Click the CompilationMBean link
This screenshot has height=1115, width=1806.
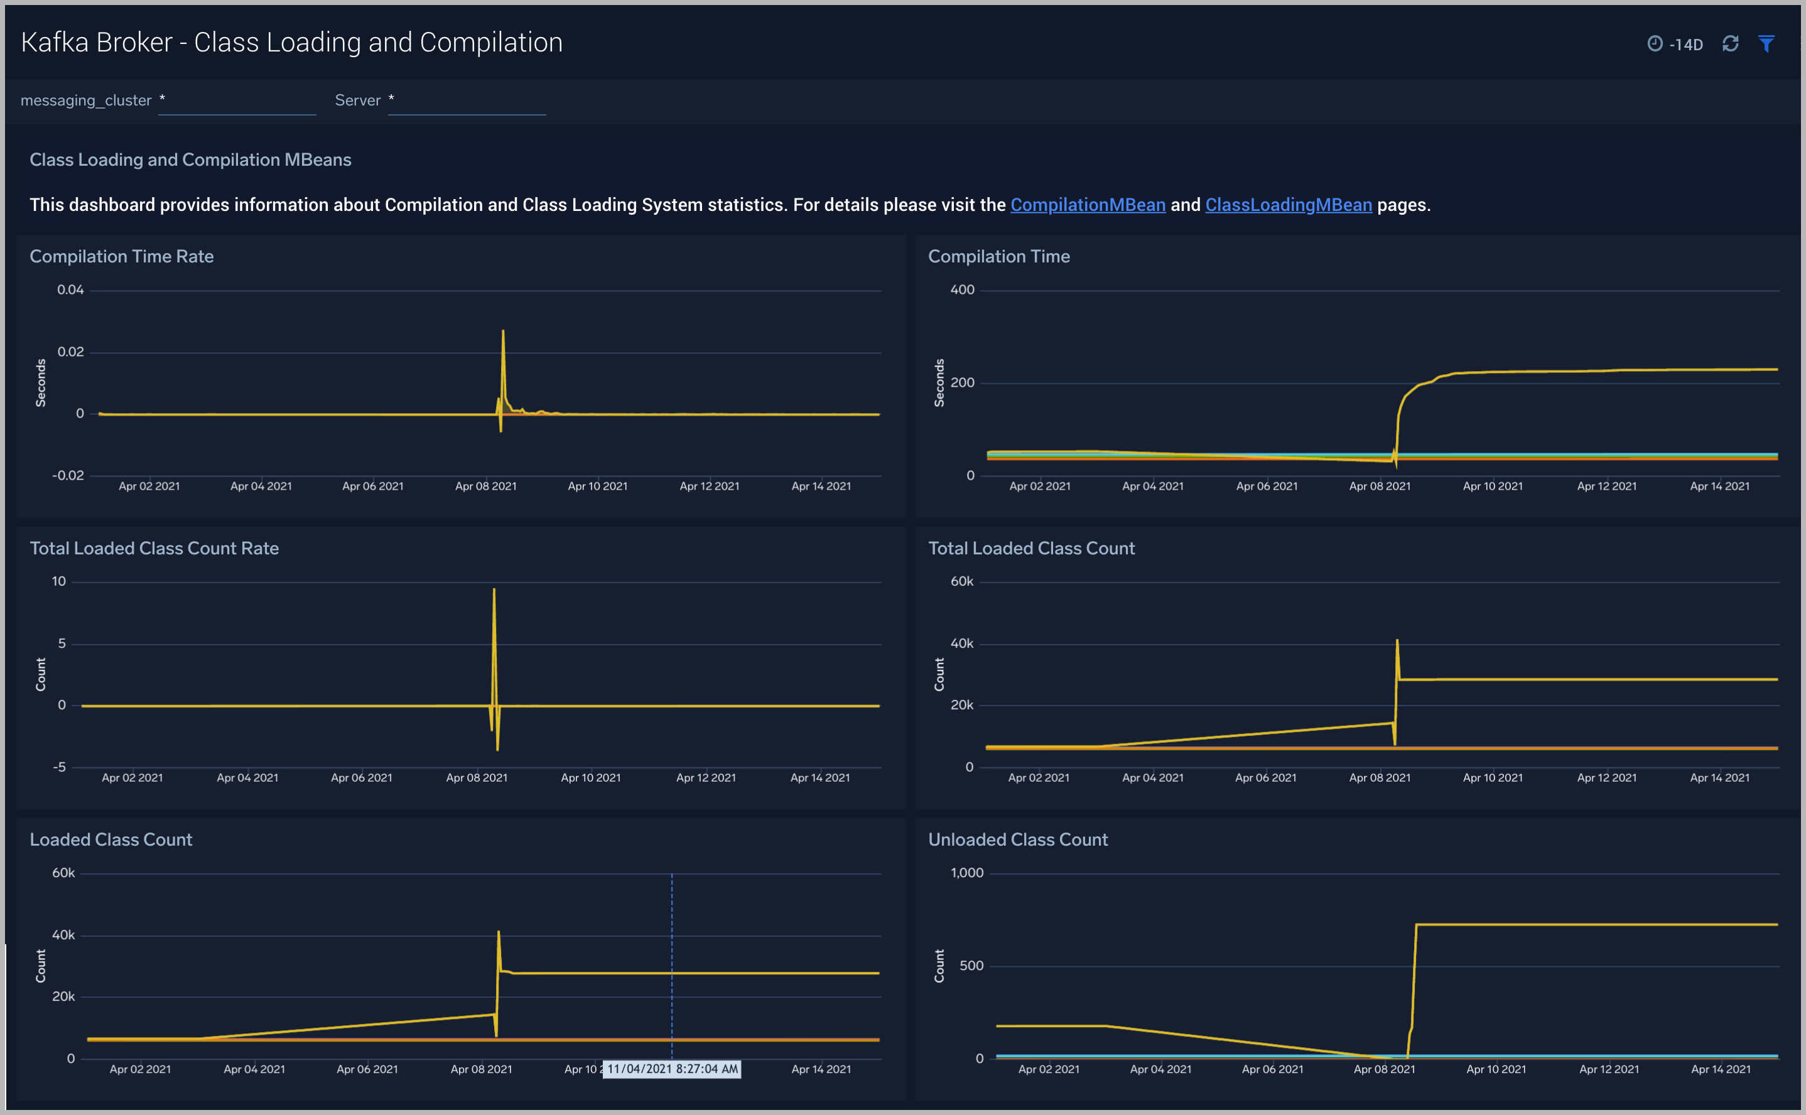[x=1087, y=205]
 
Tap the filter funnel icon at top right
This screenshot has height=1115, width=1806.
[x=1766, y=43]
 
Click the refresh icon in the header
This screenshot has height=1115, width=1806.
[x=1730, y=43]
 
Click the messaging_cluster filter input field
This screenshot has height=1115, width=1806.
[x=237, y=102]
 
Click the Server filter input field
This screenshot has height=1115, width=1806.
[x=467, y=102]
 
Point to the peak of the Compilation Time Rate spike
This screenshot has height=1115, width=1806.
[x=503, y=331]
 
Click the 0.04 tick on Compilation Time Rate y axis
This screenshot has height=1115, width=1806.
[x=71, y=290]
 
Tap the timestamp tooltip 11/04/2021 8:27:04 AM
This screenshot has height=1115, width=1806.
[x=671, y=1069]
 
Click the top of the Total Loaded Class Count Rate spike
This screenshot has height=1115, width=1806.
[x=494, y=590]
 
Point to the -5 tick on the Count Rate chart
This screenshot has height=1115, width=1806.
[x=59, y=767]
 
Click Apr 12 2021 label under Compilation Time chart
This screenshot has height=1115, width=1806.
[x=1606, y=486]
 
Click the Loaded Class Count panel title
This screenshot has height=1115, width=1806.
[x=111, y=839]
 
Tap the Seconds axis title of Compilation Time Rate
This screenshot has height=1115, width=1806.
[x=41, y=383]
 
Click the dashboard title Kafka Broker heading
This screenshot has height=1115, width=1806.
[x=291, y=43]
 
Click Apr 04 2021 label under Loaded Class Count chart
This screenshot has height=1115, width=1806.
[x=254, y=1069]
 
